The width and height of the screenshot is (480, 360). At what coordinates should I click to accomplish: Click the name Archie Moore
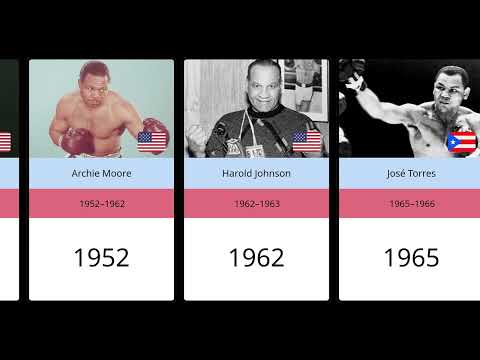101,173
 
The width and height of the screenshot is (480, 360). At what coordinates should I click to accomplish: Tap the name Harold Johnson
256,173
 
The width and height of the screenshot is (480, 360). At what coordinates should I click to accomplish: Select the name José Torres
411,173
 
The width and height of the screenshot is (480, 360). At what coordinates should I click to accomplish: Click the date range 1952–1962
101,203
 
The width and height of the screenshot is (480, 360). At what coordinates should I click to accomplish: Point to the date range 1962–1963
256,203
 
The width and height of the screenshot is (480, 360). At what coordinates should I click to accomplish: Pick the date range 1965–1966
411,203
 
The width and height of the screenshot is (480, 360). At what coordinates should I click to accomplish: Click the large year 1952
101,257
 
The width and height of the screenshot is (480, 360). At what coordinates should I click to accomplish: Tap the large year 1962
256,257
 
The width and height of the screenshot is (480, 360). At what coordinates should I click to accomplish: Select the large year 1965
411,257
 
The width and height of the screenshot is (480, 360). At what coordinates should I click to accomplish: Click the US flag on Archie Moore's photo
152,140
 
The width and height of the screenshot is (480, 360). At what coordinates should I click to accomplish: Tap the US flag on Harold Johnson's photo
306,140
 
